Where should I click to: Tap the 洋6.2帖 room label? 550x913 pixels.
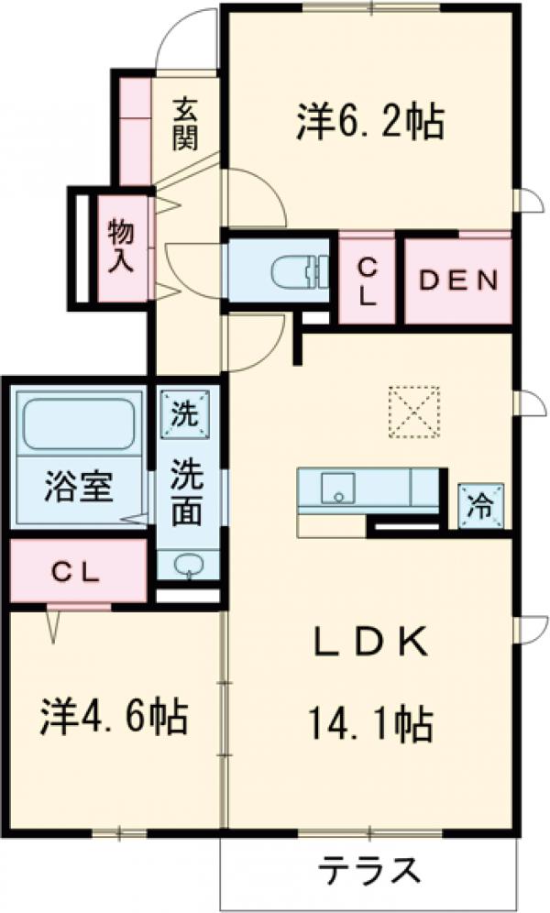click(370, 122)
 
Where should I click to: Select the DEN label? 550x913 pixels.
click(458, 280)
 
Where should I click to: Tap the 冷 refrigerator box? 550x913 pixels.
click(480, 503)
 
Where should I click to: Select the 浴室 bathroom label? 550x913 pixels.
click(79, 486)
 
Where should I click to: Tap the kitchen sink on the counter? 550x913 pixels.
click(336, 488)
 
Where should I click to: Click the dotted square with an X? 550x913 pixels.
click(413, 412)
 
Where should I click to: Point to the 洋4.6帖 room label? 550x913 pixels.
click(114, 716)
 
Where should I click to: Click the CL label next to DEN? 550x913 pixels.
click(367, 280)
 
